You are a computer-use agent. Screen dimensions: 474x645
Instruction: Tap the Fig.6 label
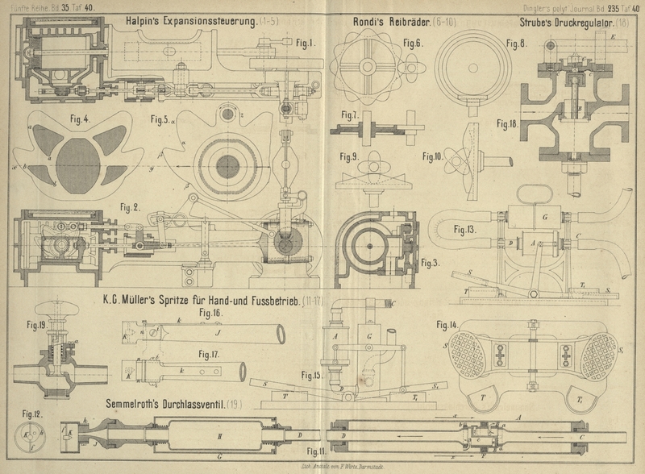pos(414,42)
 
